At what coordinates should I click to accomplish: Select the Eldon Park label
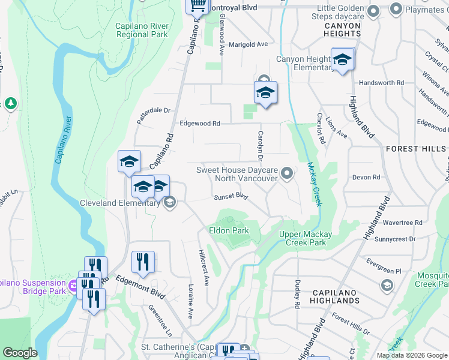coord(229,230)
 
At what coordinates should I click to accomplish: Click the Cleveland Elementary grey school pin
coord(169,202)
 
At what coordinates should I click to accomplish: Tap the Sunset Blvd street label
coord(231,196)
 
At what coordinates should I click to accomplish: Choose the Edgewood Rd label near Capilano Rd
coord(200,124)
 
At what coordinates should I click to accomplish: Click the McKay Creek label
coord(315,184)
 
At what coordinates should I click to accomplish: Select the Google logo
coord(20,353)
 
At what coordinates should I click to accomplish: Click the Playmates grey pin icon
coord(396,9)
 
